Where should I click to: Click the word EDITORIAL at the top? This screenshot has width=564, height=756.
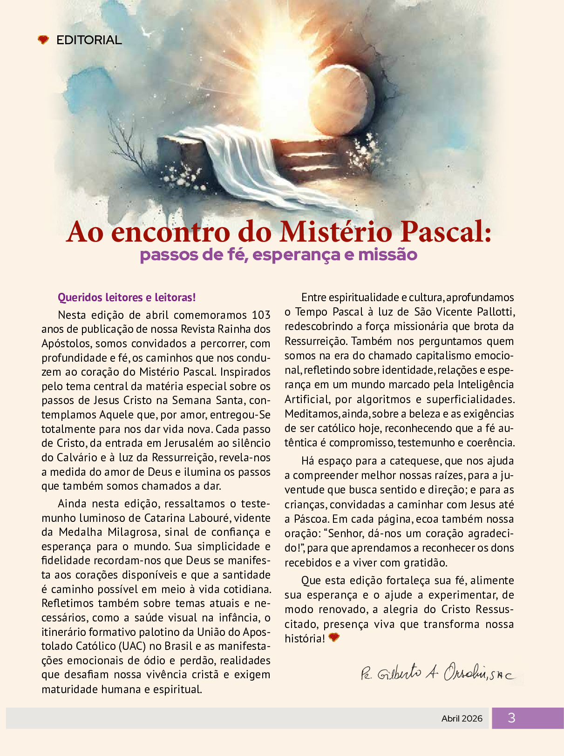(89, 40)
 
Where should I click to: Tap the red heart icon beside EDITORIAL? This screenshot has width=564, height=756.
(43, 40)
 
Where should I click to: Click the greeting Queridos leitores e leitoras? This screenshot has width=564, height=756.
(127, 297)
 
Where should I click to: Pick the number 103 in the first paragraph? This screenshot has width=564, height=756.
(261, 315)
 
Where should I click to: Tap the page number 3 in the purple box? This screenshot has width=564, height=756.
(511, 718)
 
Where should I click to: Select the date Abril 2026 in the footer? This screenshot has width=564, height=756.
(462, 718)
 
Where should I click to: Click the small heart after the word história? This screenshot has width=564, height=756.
(334, 637)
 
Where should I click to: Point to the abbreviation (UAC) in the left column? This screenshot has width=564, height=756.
(132, 646)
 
